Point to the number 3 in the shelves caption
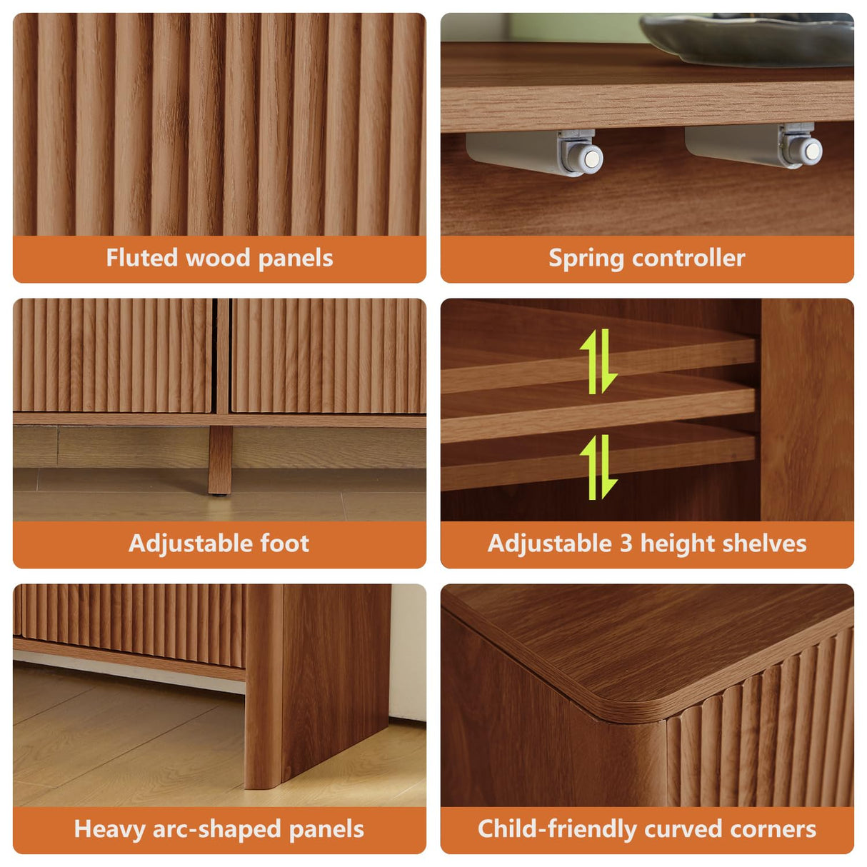click(626, 543)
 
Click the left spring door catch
click(543, 151)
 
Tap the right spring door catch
click(761, 146)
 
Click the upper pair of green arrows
click(598, 361)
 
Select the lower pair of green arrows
click(598, 467)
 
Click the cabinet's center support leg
click(219, 460)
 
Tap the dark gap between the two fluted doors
click(221, 355)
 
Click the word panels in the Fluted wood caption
click(295, 258)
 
